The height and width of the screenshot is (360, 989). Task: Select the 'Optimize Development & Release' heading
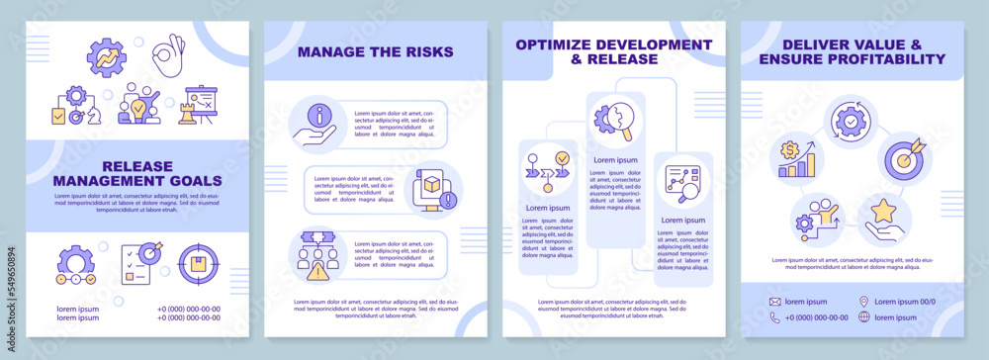(x=612, y=51)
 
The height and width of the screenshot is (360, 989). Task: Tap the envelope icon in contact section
(x=775, y=302)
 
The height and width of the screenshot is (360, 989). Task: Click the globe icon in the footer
(x=863, y=317)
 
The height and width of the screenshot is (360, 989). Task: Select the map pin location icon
(x=863, y=302)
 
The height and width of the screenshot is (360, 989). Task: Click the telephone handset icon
(x=775, y=317)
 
